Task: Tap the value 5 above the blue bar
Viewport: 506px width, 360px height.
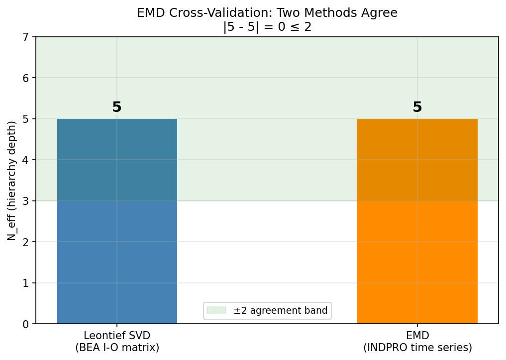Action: (117, 107)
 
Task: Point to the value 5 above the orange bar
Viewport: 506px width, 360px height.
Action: (417, 107)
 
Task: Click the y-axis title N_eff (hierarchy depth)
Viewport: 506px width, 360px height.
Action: (12, 180)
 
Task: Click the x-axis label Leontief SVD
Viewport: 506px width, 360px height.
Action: (117, 336)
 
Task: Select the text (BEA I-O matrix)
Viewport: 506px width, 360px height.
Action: (117, 348)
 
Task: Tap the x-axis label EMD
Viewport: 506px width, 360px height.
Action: (417, 336)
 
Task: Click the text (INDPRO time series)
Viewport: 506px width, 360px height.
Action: (417, 348)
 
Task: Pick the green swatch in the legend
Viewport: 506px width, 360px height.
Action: (219, 311)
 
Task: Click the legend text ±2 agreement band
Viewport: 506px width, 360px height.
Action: (281, 311)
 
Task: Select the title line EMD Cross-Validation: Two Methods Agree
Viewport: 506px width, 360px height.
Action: (267, 13)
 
